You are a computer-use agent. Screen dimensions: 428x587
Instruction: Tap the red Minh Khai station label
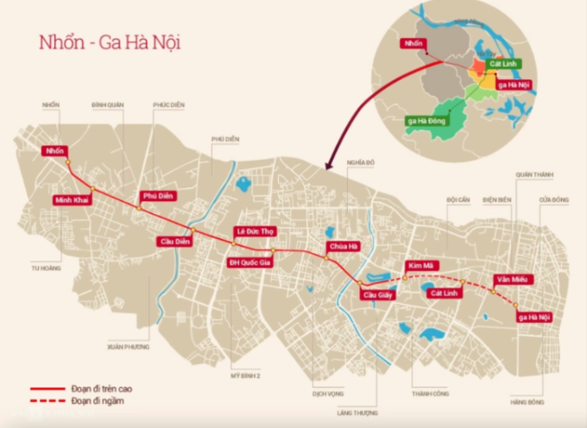coord(72,199)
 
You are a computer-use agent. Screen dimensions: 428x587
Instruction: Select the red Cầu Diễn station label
coord(173,241)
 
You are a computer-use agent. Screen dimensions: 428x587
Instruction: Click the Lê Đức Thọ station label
coord(256,231)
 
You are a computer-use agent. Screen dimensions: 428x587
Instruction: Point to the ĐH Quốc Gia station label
coord(249,262)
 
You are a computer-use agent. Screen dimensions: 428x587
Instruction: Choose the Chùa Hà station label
coord(342,248)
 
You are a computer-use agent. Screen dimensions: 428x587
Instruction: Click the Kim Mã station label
coord(423,266)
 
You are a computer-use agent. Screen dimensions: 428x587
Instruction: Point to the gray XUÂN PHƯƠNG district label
coord(129,346)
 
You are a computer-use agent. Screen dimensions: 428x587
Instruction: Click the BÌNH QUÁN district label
coord(108,104)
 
